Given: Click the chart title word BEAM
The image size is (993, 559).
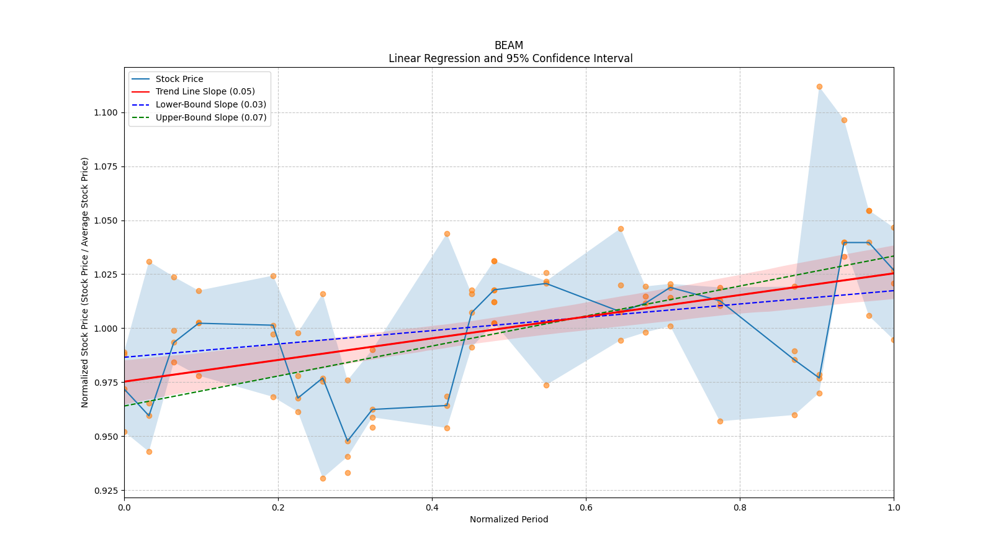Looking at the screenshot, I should tap(508, 45).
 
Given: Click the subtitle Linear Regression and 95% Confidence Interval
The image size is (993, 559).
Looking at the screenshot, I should tap(510, 58).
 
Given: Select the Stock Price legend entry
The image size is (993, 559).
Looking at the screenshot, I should tap(179, 79).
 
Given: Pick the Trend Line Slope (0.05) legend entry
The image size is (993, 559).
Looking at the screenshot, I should tap(205, 92).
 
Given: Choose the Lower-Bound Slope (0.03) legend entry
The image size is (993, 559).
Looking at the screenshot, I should tap(210, 105).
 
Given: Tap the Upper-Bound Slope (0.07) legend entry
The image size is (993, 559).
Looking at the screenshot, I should tap(211, 118).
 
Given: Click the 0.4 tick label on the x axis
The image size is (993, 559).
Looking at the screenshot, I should tap(432, 507).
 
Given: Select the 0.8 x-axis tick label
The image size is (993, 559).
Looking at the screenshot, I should tap(740, 507).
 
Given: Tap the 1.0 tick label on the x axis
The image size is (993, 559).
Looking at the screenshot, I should tap(894, 507).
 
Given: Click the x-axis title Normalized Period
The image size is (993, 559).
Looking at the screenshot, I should tap(509, 519).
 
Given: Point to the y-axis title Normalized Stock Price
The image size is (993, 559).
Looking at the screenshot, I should tap(85, 282).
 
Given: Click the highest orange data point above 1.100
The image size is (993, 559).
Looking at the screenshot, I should tap(819, 87).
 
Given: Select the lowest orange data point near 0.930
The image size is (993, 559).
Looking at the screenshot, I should tap(323, 478).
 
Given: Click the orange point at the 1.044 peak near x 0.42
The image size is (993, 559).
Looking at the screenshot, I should tap(447, 234).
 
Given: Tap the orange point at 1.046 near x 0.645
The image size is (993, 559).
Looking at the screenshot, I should tap(621, 229).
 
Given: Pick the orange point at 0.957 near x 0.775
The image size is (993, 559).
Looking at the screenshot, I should tap(720, 421).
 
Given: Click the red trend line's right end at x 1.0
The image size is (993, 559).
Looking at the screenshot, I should tap(892, 273).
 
